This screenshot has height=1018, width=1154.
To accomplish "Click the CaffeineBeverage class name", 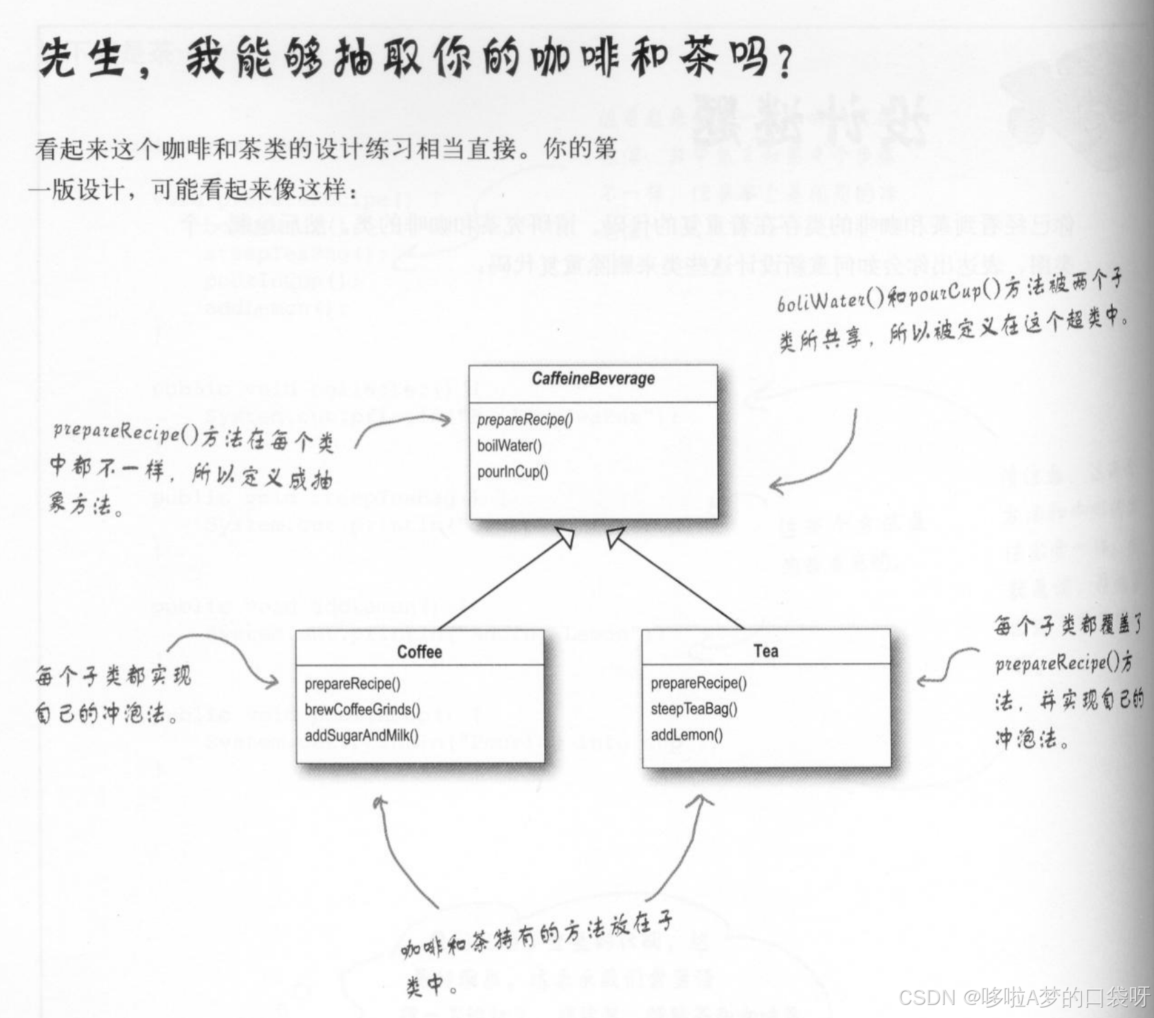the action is point(593,378).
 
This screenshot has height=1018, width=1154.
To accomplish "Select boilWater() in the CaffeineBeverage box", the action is point(509,446).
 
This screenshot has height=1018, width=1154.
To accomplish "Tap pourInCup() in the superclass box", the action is point(512,472).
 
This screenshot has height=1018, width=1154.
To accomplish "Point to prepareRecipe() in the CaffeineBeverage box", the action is point(525,420).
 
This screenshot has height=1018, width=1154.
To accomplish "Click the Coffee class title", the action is point(419,652).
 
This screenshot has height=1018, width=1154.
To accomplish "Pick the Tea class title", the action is point(765,651).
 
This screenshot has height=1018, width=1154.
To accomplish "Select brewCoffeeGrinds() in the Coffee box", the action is point(362,710).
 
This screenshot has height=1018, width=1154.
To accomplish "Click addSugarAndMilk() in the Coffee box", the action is point(361,736).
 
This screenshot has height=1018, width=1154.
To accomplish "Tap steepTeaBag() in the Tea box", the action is point(694,709).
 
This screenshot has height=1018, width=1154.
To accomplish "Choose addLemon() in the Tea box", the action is point(687,735).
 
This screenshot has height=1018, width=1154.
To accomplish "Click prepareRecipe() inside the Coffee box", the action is point(352,683).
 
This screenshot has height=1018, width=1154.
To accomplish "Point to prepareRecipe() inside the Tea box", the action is point(699,683).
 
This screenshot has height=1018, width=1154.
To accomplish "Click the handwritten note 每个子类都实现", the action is point(113,677).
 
